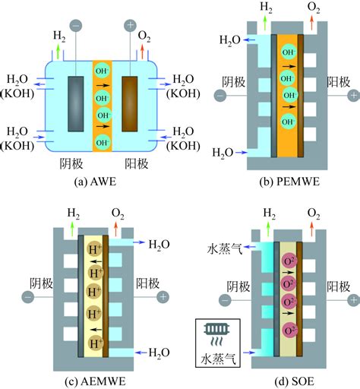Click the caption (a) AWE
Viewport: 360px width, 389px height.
[95, 182]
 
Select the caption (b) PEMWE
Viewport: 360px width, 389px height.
[289, 182]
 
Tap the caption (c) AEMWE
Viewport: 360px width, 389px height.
[95, 381]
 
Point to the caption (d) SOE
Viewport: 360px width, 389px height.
[294, 381]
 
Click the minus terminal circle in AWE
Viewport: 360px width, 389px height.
[76, 26]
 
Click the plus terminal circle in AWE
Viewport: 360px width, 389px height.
[131, 25]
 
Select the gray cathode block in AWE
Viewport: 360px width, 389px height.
[76, 104]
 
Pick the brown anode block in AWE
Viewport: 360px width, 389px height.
[130, 104]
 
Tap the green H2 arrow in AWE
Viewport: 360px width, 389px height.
[58, 52]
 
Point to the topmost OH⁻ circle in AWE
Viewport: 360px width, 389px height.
[102, 71]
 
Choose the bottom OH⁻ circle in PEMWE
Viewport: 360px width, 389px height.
[289, 122]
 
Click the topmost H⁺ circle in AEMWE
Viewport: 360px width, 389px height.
[94, 249]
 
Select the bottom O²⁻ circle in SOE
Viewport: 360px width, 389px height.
[289, 330]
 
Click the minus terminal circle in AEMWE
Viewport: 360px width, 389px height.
[28, 297]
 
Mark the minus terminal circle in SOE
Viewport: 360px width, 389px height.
[225, 300]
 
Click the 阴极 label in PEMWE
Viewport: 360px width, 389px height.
[233, 82]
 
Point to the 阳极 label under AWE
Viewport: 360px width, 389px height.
[137, 163]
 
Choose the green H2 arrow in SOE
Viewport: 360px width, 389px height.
[268, 229]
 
